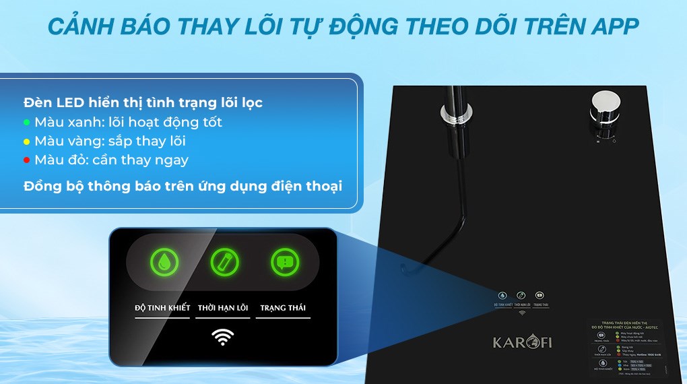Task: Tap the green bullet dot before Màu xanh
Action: (x=26, y=123)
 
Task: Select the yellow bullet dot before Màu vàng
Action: (x=26, y=141)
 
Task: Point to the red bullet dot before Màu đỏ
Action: (x=26, y=160)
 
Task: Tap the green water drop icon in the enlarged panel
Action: (x=162, y=262)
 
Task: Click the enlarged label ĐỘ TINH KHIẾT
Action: (x=162, y=308)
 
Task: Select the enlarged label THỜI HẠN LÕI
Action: (x=223, y=308)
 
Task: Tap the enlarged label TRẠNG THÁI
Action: (x=283, y=308)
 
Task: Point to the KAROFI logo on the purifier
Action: (x=522, y=342)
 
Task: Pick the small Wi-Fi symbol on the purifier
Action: (x=521, y=313)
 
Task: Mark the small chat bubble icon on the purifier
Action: (x=540, y=295)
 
